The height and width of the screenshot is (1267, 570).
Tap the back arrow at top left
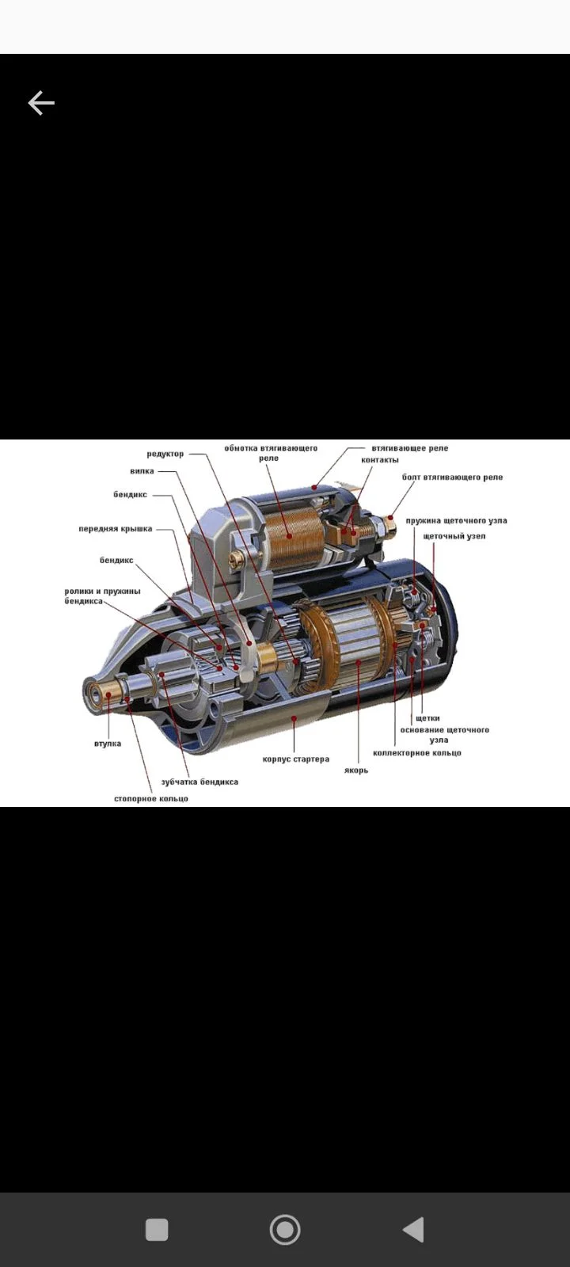(x=41, y=103)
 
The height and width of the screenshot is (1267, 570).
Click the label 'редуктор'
(x=165, y=454)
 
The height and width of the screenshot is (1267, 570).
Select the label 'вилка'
(x=142, y=470)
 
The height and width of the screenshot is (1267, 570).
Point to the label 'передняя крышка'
(x=116, y=529)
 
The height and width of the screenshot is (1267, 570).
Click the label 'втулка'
(x=108, y=744)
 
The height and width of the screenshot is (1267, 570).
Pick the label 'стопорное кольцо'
(x=151, y=799)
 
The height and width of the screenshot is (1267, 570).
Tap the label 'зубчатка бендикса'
(x=199, y=782)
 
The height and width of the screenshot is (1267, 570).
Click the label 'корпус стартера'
(x=296, y=759)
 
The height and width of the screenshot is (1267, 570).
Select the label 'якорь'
(x=356, y=770)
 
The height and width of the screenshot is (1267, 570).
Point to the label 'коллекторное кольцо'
(x=417, y=753)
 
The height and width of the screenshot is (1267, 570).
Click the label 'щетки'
(x=427, y=717)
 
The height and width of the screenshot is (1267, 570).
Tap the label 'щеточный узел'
(x=454, y=535)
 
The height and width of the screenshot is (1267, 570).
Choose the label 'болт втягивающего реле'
(x=452, y=477)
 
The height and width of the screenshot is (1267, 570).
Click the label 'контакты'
(x=380, y=460)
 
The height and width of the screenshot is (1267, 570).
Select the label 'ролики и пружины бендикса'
(x=102, y=596)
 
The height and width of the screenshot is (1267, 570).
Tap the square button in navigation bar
(x=157, y=1230)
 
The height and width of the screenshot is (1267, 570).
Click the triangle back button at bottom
(x=414, y=1230)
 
